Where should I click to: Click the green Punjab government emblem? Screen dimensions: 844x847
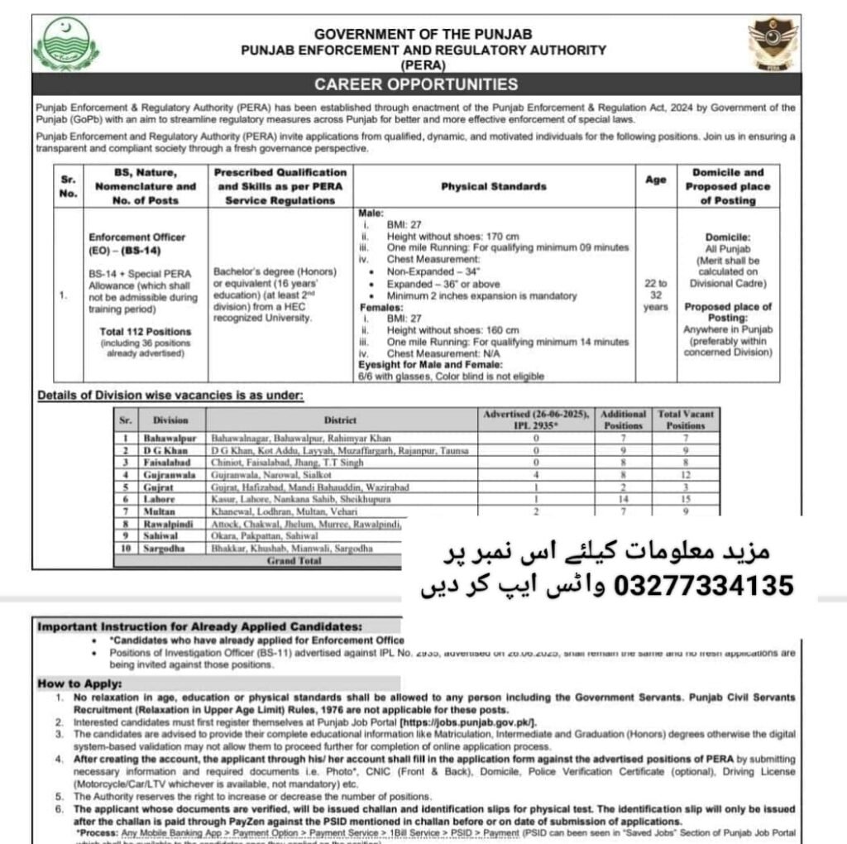(x=66, y=45)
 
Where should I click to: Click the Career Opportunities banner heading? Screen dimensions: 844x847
(x=416, y=84)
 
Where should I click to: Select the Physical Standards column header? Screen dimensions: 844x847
(x=493, y=186)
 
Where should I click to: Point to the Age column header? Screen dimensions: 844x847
(x=656, y=180)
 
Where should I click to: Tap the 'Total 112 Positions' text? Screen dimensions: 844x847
(x=145, y=331)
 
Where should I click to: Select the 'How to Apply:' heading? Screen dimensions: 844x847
(x=79, y=683)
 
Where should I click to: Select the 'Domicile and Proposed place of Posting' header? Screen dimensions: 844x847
(x=728, y=186)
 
